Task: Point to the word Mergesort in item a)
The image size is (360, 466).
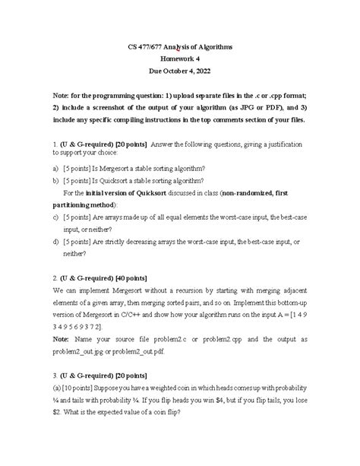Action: (122, 168)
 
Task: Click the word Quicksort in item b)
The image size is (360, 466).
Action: (120, 181)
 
